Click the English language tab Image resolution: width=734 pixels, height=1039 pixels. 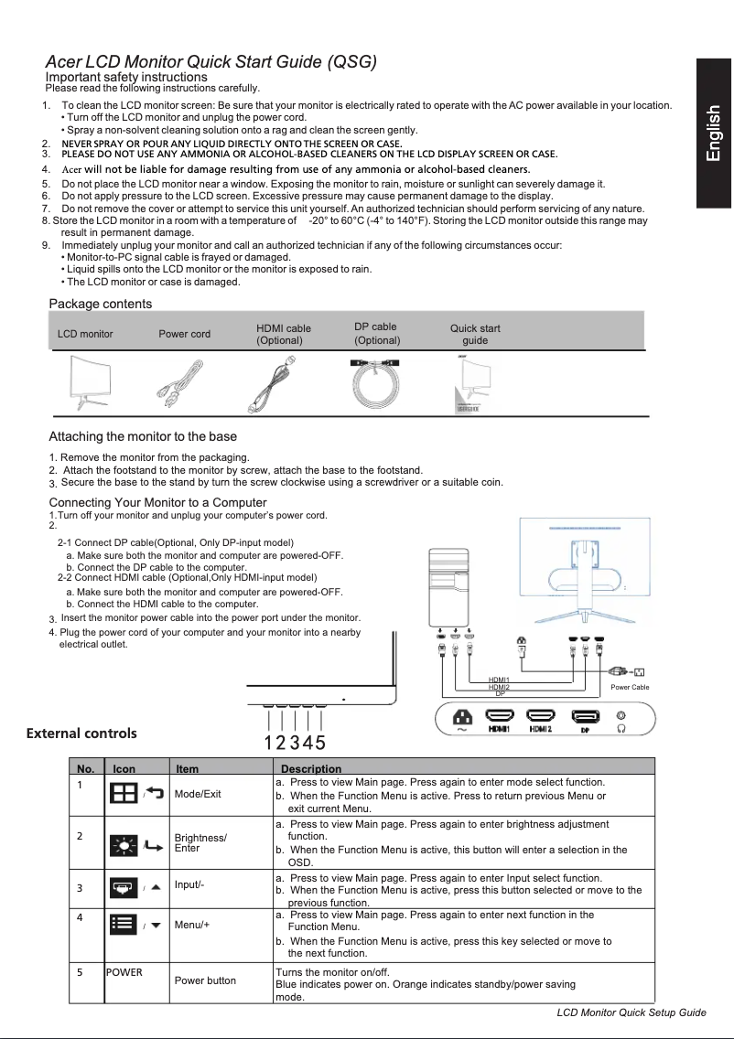click(714, 134)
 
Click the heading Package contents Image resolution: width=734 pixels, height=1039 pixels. click(100, 304)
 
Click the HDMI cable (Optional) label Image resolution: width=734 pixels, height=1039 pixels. click(284, 335)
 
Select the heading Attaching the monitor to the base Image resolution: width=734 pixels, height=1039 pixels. click(143, 436)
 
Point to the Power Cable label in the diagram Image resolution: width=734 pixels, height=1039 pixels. click(629, 687)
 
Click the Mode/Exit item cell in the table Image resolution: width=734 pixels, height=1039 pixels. click(198, 794)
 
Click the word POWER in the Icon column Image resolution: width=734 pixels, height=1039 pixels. click(124, 972)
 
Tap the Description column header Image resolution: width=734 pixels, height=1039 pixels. click(310, 769)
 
